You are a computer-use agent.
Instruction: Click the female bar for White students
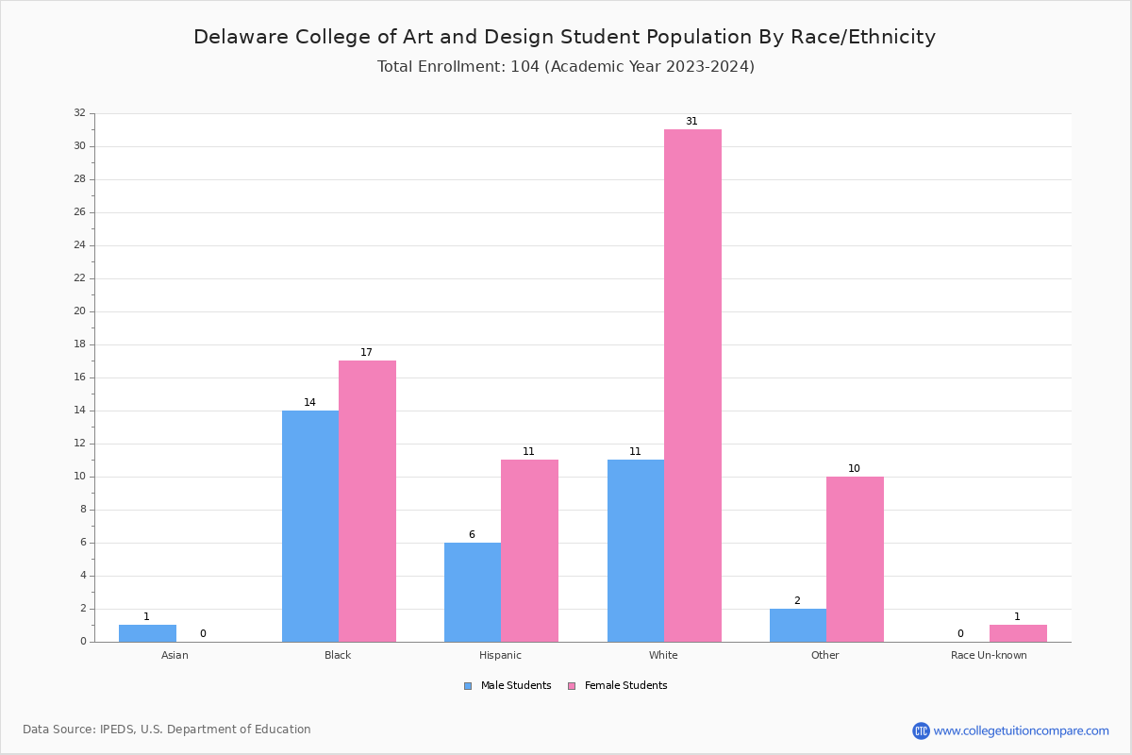tap(692, 385)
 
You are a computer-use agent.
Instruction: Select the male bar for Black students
tap(310, 526)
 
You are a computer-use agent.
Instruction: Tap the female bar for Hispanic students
tap(529, 550)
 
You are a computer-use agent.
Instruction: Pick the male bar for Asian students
tap(147, 633)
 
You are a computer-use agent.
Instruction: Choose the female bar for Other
tap(855, 559)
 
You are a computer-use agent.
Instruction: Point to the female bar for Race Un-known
tap(1018, 633)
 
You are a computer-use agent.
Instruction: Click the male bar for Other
tap(798, 625)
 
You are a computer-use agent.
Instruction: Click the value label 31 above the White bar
tap(691, 122)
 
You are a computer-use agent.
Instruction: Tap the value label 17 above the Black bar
tap(366, 353)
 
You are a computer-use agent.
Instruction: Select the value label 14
tap(309, 403)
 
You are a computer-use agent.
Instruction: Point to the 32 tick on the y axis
tap(79, 113)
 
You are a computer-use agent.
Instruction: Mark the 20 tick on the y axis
tap(79, 311)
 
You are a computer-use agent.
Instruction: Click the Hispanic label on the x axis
tap(500, 655)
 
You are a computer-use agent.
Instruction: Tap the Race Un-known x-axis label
tap(989, 655)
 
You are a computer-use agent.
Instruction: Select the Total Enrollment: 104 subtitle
tap(566, 67)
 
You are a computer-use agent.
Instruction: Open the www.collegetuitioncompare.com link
tap(1021, 730)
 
